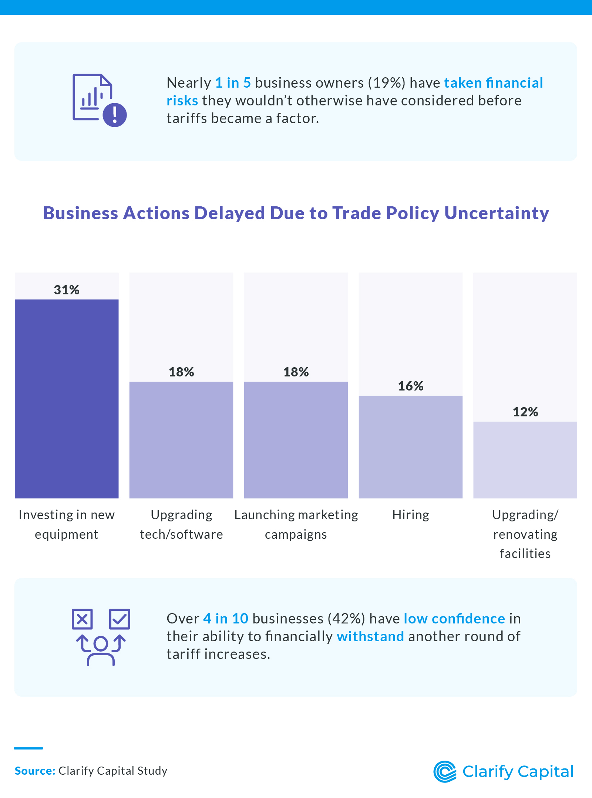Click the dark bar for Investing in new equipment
click(x=67, y=399)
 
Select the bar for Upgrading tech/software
click(x=181, y=440)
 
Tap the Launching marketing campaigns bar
click(x=296, y=440)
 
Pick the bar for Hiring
click(x=411, y=447)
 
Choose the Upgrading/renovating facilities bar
click(x=525, y=460)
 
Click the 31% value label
click(x=67, y=290)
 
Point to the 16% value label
click(x=411, y=386)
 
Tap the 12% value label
click(x=525, y=412)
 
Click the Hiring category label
click(x=411, y=515)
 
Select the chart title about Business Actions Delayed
click(x=296, y=213)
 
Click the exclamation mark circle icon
click(x=115, y=115)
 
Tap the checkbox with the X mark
click(x=82, y=619)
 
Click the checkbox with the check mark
click(x=120, y=619)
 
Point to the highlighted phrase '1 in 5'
click(x=233, y=83)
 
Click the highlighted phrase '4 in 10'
click(x=226, y=619)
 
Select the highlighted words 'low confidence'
click(x=454, y=619)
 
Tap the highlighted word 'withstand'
click(x=370, y=636)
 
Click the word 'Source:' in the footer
click(x=35, y=771)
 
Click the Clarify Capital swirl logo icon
click(x=445, y=772)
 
